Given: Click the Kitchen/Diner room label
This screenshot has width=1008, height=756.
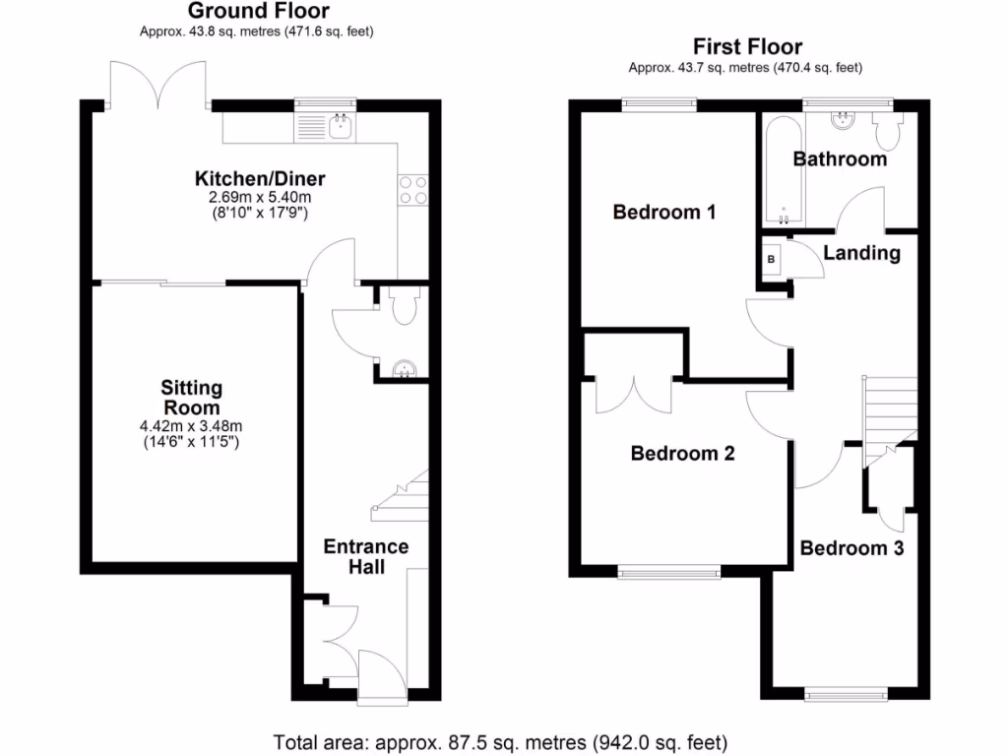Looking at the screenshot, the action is click(260, 179).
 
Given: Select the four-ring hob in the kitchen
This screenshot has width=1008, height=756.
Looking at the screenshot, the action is click(411, 190).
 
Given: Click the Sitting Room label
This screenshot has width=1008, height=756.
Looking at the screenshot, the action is click(192, 398).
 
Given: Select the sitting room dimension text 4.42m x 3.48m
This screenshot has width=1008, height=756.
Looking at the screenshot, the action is click(191, 426).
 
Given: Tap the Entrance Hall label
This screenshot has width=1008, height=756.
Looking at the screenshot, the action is click(366, 556).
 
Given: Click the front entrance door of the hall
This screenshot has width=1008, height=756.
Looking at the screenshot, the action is click(382, 677).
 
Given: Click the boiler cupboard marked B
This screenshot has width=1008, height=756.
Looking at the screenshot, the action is click(772, 258).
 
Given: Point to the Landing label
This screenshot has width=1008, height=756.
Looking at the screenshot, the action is click(861, 253).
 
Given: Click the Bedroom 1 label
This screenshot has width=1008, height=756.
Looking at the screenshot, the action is click(663, 212).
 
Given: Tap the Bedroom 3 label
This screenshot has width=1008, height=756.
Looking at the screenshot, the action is click(851, 548).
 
